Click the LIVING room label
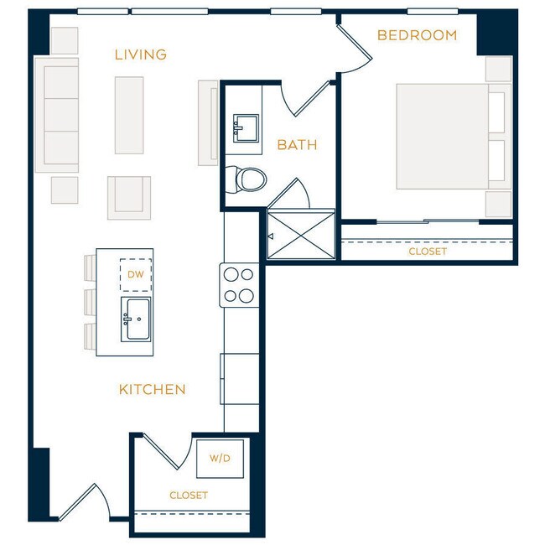tap(141, 55)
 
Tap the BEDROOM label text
tap(417, 35)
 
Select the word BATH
tap(297, 145)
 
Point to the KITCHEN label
tap(152, 389)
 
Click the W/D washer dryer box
tap(220, 459)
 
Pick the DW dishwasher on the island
tap(135, 273)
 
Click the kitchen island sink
tap(135, 319)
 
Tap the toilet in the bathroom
tap(247, 178)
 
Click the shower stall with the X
tap(301, 236)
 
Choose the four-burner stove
tap(237, 285)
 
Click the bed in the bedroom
tap(442, 136)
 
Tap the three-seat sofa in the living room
tap(57, 115)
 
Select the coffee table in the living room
tap(129, 115)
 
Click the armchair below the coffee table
tap(128, 197)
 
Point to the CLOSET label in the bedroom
tap(428, 252)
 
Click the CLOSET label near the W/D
tap(189, 496)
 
